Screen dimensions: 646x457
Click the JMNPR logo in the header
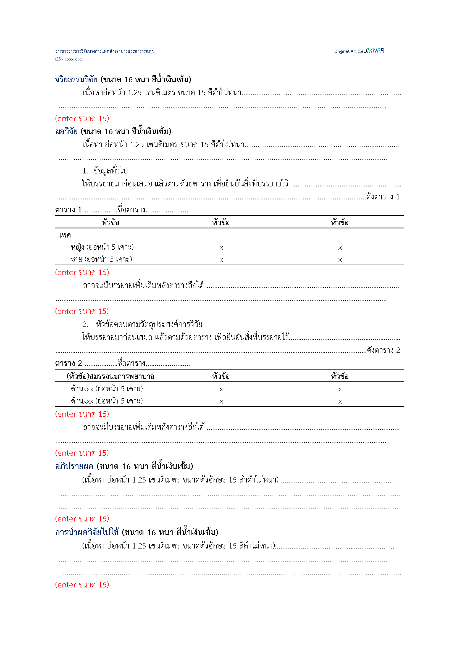tap(374, 51)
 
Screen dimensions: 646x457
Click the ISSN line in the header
tap(69, 59)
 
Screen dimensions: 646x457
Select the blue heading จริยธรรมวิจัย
tap(76, 80)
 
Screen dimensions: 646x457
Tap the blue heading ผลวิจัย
tap(66, 131)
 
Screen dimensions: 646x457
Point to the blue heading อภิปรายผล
tap(74, 466)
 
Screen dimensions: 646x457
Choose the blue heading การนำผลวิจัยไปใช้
tap(87, 532)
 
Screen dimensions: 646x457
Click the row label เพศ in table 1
tap(65, 235)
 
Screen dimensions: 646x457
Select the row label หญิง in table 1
tap(77, 247)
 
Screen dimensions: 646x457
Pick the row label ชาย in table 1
tap(76, 259)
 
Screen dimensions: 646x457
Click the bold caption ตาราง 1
tap(68, 210)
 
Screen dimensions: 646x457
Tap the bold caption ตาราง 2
tap(68, 363)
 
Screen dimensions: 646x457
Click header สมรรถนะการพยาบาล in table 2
tap(110, 376)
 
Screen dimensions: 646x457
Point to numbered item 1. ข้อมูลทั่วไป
tap(105, 170)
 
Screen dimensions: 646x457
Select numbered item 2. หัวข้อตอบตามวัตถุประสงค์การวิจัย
tap(142, 324)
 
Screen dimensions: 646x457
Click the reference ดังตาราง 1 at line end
tap(383, 197)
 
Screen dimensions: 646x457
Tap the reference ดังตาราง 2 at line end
tap(383, 350)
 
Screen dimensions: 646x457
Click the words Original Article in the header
tap(348, 51)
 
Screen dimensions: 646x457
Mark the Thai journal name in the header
tap(104, 51)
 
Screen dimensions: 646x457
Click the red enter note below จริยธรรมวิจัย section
tap(82, 118)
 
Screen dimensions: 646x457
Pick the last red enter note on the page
tap(82, 585)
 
